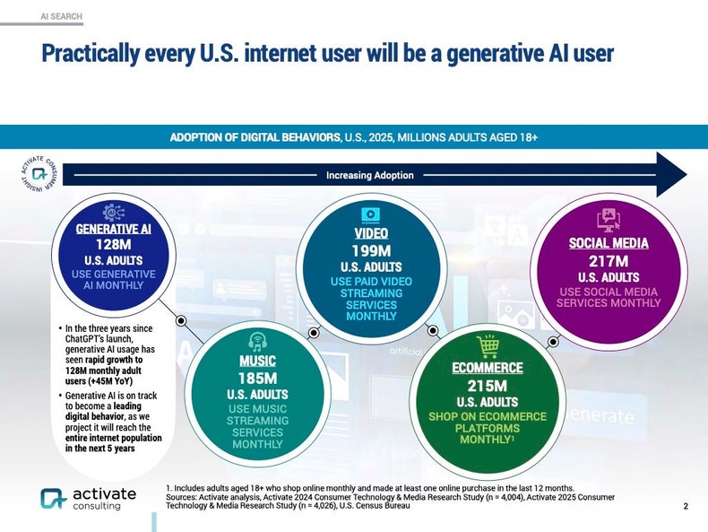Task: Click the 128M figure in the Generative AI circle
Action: click(x=113, y=244)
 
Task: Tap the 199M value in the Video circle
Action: click(x=371, y=250)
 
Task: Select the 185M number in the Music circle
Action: click(x=257, y=378)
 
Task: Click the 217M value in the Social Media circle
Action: click(x=608, y=260)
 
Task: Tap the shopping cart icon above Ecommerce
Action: click(x=488, y=346)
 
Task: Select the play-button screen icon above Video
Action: click(x=370, y=214)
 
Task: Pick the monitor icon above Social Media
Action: click(x=609, y=219)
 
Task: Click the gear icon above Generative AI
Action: click(x=114, y=212)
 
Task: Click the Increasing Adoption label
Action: click(x=369, y=175)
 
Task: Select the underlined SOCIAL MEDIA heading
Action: click(x=609, y=243)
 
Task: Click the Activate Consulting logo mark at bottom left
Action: click(x=53, y=500)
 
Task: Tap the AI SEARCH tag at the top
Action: click(x=62, y=16)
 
